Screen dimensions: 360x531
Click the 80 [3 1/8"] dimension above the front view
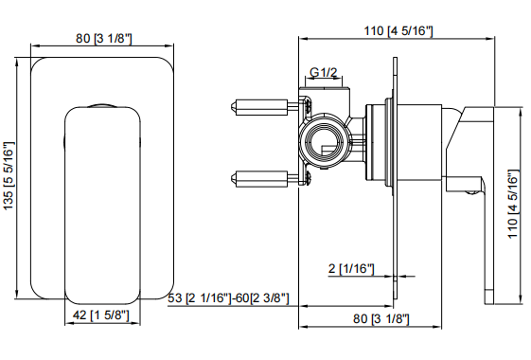point(103,37)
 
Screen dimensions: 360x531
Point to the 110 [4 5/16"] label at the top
point(398,31)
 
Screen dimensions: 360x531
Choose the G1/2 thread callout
point(325,74)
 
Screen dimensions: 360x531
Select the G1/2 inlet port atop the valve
point(325,94)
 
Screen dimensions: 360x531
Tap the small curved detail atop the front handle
point(102,102)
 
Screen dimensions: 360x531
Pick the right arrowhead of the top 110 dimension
point(495,38)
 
